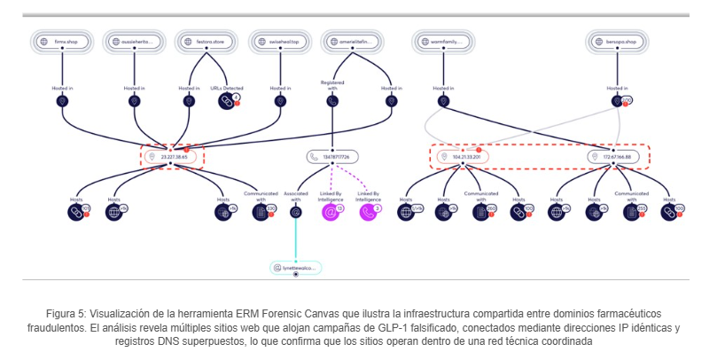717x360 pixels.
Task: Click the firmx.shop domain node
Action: click(63, 41)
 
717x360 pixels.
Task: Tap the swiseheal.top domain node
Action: click(280, 41)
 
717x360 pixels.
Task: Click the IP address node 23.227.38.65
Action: click(173, 157)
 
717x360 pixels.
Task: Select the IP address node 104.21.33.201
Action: click(462, 157)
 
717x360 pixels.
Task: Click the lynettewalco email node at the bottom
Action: click(294, 266)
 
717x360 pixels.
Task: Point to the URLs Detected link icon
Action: click(227, 101)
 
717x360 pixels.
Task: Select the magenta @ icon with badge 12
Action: click(331, 212)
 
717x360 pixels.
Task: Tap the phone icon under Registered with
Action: click(332, 101)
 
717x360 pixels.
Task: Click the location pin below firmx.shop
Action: click(63, 101)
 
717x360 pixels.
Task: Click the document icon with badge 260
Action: click(481, 212)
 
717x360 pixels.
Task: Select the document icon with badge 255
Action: click(632, 212)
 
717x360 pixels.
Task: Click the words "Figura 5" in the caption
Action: click(67, 315)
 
